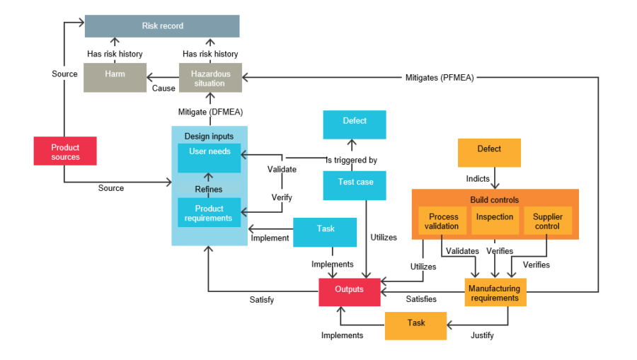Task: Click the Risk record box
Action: (162, 26)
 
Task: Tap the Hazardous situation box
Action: (210, 78)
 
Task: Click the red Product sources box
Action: (65, 151)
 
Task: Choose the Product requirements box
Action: (210, 213)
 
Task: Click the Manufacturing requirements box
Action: (495, 293)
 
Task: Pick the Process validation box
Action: (443, 221)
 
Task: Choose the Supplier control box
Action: (547, 221)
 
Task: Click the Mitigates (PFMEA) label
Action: (440, 78)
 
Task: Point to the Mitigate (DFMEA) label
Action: (210, 112)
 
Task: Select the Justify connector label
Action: (482, 335)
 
